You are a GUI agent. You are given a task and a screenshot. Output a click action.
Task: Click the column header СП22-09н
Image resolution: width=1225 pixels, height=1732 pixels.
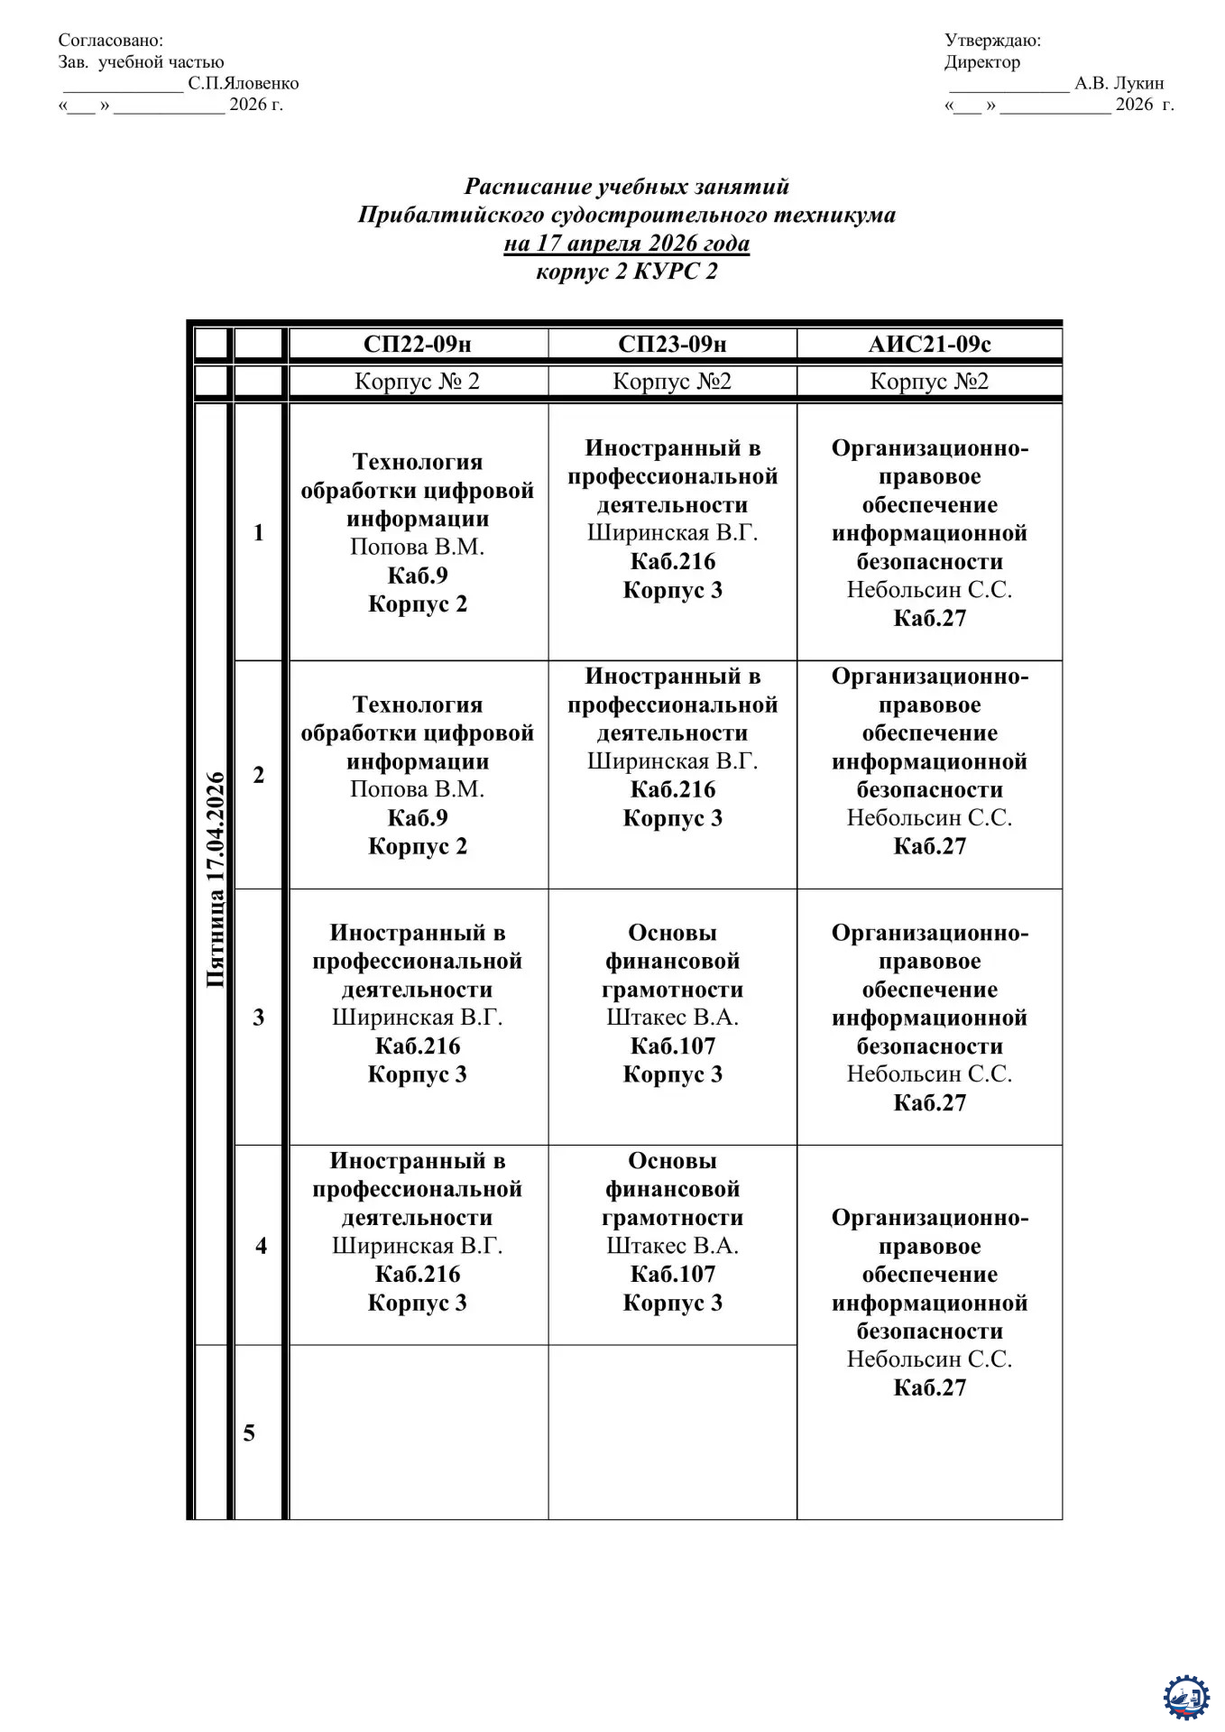click(417, 344)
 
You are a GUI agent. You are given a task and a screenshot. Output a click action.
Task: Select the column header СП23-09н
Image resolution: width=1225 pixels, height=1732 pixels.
click(672, 344)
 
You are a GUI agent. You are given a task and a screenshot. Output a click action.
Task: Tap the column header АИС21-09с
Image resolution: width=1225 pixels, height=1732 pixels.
click(929, 344)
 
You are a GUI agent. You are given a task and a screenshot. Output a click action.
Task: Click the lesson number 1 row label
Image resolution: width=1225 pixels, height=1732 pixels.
click(259, 532)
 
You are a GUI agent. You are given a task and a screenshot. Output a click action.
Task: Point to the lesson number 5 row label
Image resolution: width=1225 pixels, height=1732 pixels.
click(250, 1433)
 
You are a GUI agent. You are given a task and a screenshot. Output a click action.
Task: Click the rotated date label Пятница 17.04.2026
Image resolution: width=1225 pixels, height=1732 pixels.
click(215, 880)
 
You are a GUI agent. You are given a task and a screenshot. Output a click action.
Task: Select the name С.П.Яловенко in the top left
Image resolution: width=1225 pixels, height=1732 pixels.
click(244, 83)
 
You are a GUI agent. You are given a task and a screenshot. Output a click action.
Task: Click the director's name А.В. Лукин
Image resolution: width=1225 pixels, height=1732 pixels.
click(1119, 83)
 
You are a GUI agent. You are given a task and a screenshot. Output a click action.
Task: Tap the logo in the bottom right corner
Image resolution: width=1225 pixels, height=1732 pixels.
click(1186, 1698)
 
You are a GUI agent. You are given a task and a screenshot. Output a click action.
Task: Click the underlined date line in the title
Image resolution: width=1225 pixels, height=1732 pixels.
click(626, 243)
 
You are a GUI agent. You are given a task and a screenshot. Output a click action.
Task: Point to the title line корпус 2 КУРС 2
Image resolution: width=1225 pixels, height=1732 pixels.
click(626, 271)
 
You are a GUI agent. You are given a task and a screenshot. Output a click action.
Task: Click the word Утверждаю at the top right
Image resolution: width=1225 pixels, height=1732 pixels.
click(992, 40)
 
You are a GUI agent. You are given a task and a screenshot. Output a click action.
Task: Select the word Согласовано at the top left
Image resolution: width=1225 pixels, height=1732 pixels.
click(111, 40)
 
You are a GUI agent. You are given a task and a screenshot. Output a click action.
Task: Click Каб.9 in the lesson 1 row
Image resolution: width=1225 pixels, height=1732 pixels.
click(417, 576)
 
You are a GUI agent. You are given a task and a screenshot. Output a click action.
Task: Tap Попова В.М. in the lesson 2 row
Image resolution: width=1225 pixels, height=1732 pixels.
click(417, 789)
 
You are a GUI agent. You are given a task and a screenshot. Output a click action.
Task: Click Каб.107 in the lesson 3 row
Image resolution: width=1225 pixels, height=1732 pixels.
click(672, 1046)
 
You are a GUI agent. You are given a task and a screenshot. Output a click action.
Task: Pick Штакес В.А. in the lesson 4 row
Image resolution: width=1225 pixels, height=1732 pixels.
click(672, 1246)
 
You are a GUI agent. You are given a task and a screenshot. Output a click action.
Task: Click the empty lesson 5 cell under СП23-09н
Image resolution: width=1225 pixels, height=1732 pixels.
click(672, 1432)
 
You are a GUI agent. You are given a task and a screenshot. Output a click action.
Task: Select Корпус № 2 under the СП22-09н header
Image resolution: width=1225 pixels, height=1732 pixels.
click(417, 381)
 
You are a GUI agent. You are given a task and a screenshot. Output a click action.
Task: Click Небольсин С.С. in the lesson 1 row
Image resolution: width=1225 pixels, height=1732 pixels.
click(929, 590)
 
